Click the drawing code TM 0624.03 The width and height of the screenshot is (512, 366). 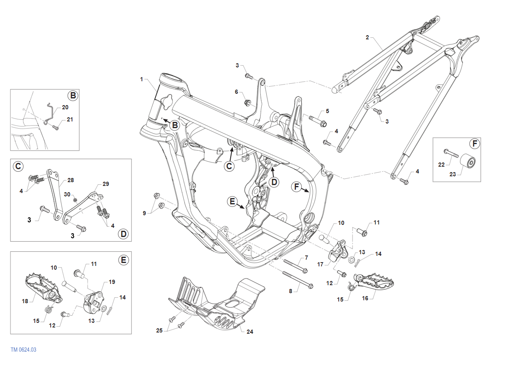click(x=24, y=350)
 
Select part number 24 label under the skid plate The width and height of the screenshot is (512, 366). click(x=250, y=332)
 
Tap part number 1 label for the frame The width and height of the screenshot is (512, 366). click(x=142, y=79)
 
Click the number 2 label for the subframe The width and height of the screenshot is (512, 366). click(x=367, y=37)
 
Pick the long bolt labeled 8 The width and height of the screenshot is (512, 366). click(x=298, y=280)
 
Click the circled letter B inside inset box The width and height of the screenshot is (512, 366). click(x=73, y=96)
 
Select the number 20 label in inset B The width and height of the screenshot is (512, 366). click(x=65, y=107)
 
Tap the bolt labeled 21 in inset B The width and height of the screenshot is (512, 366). click(x=57, y=128)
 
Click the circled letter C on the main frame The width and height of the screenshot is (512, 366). click(x=229, y=166)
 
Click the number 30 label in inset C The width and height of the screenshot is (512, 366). click(x=67, y=194)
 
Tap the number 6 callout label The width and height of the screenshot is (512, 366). click(x=236, y=92)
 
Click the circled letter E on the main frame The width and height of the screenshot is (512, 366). click(x=232, y=201)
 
